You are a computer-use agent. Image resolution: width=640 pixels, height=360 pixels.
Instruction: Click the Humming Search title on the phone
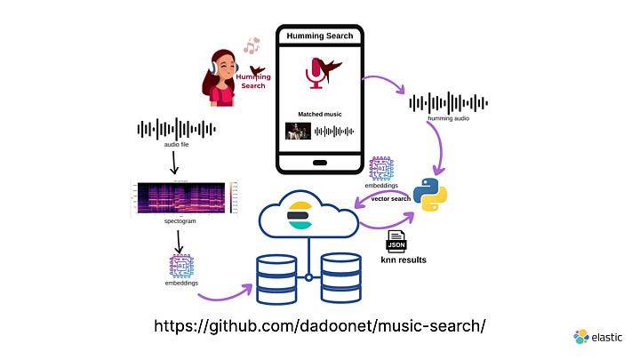[x=319, y=36]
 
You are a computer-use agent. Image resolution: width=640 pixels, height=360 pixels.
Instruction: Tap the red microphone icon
[x=316, y=73]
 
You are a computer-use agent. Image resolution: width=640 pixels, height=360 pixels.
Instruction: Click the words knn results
[x=403, y=260]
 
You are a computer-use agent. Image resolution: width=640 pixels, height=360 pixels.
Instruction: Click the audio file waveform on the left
[x=176, y=131]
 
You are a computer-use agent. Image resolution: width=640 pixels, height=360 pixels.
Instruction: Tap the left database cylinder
[x=275, y=277]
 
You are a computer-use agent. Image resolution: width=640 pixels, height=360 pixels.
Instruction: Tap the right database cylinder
[x=341, y=277]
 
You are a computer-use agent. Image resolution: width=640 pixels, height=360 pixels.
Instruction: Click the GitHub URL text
[x=320, y=326]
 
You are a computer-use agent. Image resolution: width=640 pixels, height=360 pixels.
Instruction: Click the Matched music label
[x=319, y=113]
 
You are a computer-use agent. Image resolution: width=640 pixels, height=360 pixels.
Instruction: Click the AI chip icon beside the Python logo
[x=381, y=170]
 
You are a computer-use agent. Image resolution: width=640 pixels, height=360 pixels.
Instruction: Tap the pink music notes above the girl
[x=252, y=45]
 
